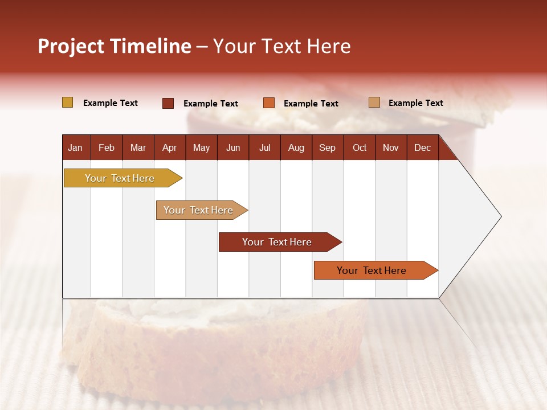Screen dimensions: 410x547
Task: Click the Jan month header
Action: pyautogui.click(x=75, y=148)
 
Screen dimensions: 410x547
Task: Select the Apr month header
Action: pyautogui.click(x=169, y=148)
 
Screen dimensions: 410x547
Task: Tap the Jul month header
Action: pyautogui.click(x=264, y=148)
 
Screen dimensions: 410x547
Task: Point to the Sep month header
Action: pyautogui.click(x=327, y=148)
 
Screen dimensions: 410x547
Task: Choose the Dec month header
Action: pyautogui.click(x=422, y=148)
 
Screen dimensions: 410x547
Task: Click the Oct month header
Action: pyautogui.click(x=360, y=148)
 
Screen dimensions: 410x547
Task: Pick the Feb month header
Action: pyautogui.click(x=107, y=148)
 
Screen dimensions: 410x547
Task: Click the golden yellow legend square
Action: pyautogui.click(x=67, y=102)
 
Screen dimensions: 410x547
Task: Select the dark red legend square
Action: pyautogui.click(x=168, y=103)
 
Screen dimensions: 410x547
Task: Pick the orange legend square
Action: pyautogui.click(x=269, y=103)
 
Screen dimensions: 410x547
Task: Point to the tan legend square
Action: pyautogui.click(x=374, y=102)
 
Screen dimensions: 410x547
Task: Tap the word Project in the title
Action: pyautogui.click(x=71, y=46)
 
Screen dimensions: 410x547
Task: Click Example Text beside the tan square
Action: pyautogui.click(x=415, y=103)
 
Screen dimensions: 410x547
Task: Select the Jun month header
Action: pyautogui.click(x=233, y=148)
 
